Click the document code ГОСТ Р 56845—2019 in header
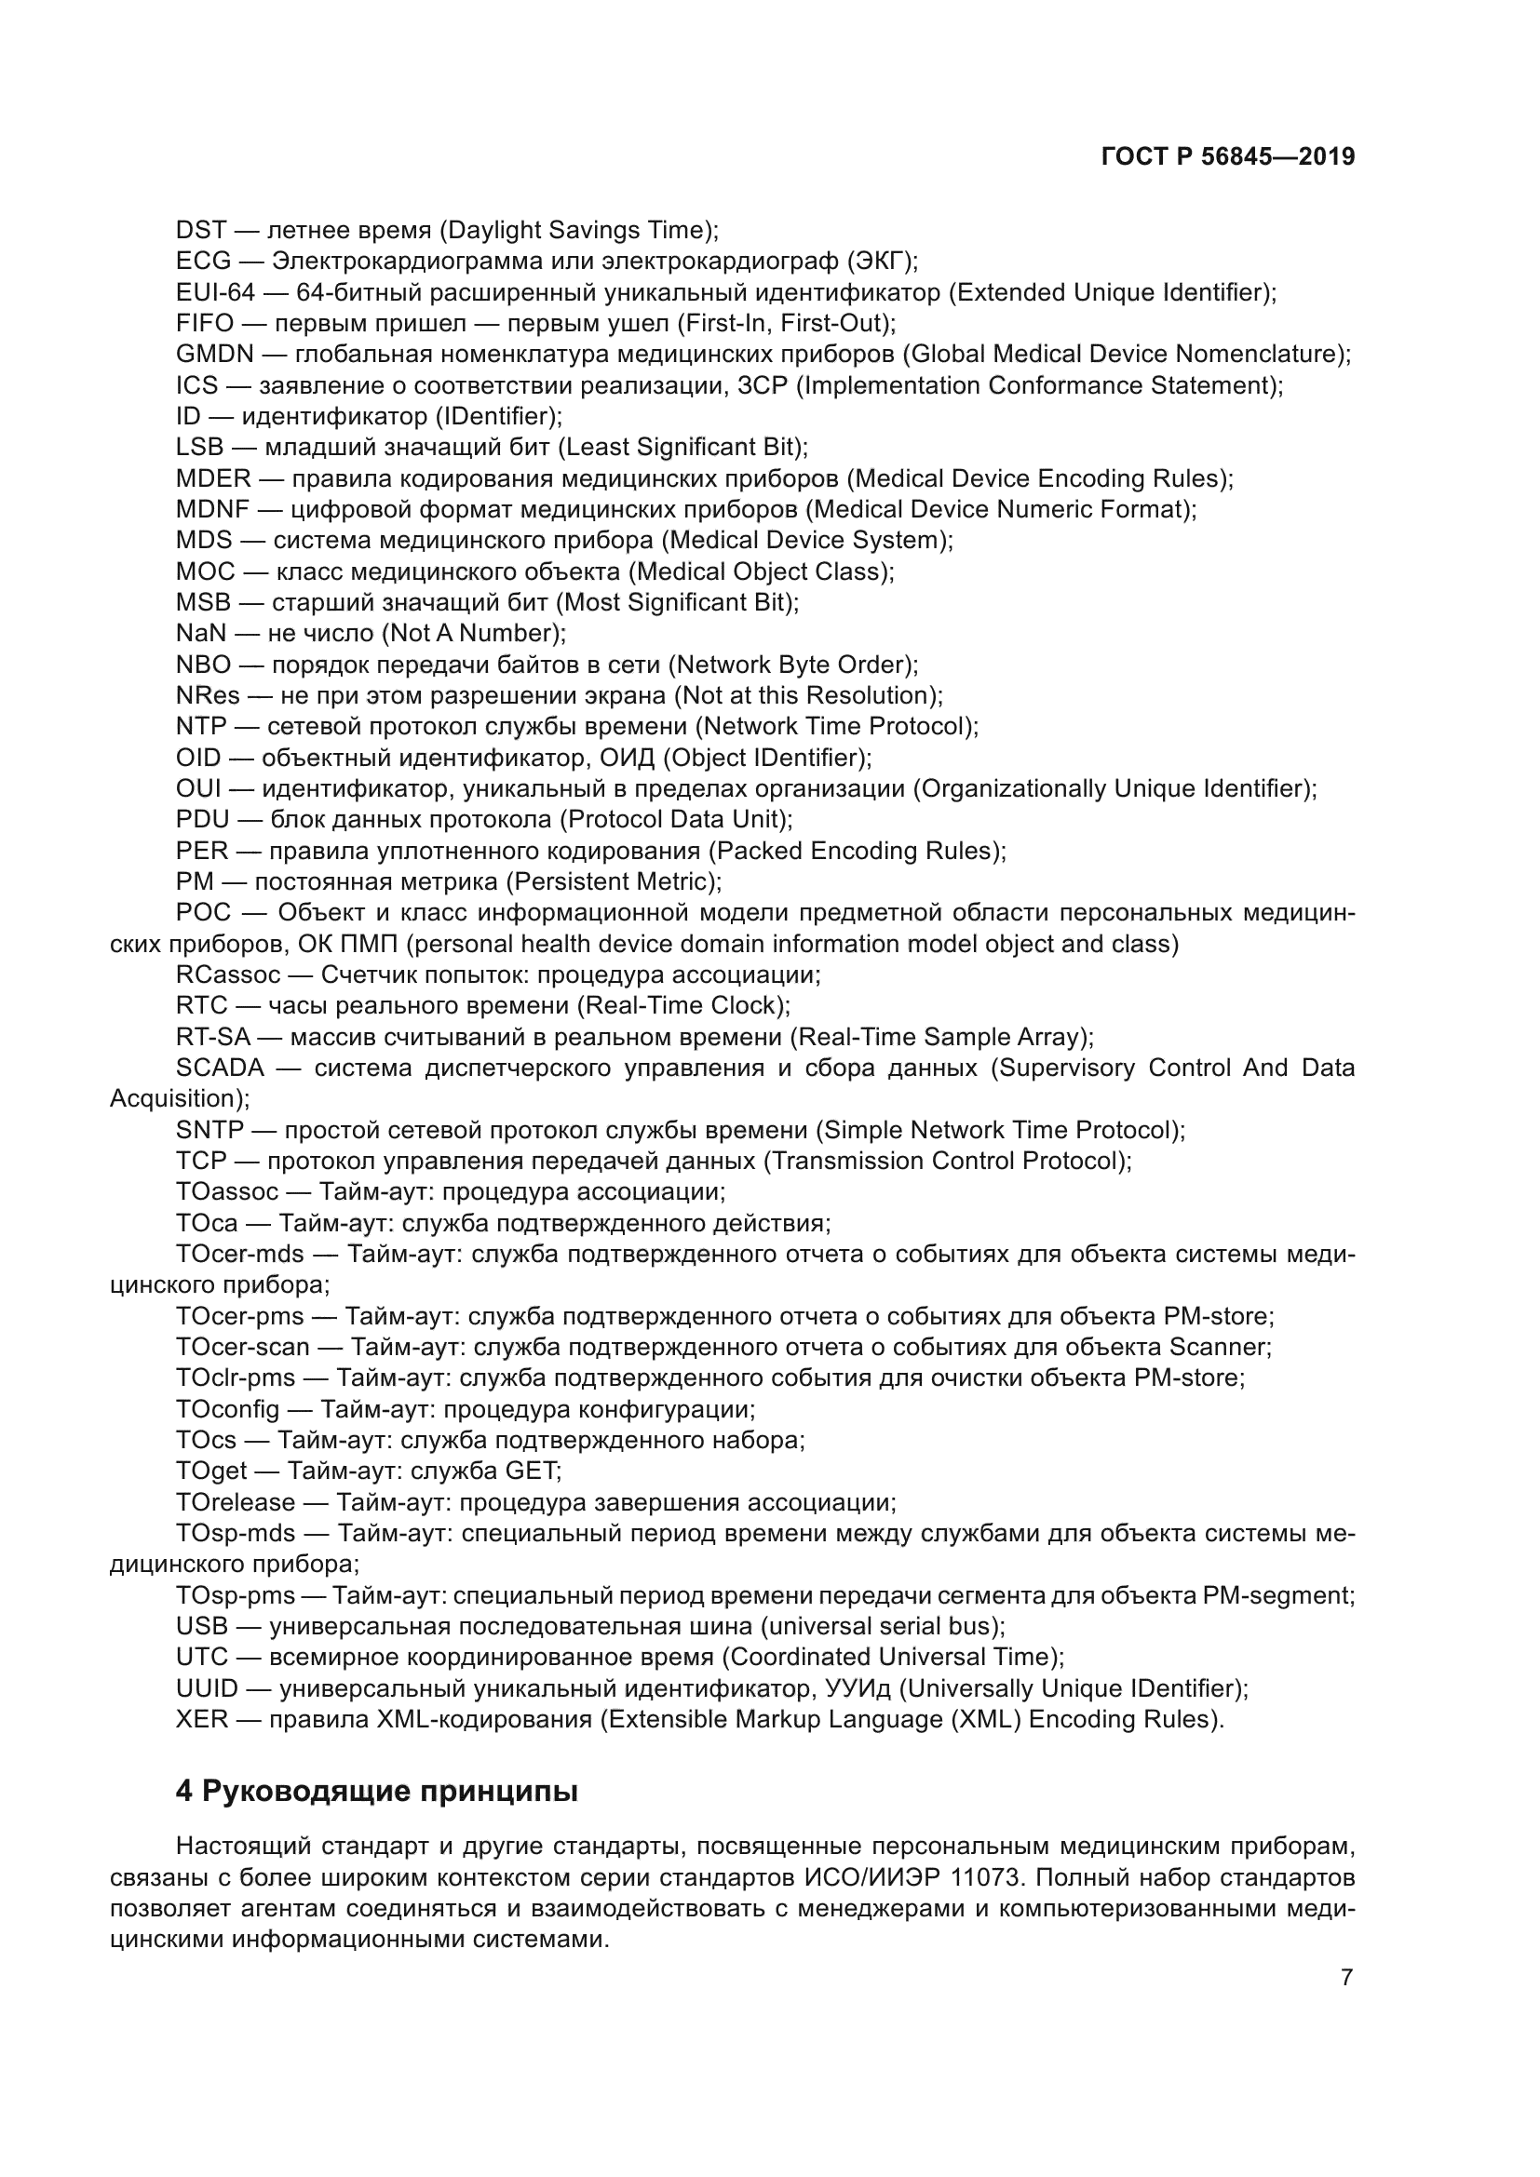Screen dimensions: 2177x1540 1228,157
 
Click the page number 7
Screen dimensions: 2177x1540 1346,1978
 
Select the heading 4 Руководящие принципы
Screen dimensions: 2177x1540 376,1792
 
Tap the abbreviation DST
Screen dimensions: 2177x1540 201,231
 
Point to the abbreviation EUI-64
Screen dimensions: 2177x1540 215,292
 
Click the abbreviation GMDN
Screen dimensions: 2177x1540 215,355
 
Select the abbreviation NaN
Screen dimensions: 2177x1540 201,634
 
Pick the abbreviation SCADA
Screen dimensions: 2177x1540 220,1068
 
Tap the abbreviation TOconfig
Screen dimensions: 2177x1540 227,1409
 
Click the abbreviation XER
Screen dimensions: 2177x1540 202,1719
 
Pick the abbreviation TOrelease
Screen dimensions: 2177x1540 236,1502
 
